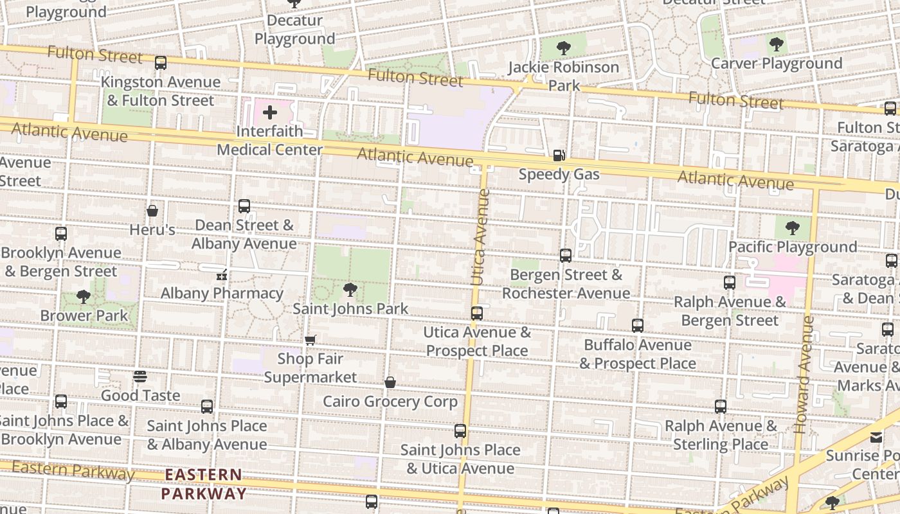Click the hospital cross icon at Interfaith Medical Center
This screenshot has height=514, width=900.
[x=270, y=113]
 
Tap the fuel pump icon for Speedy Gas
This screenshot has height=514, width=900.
[x=559, y=155]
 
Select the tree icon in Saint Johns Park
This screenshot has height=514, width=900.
[x=350, y=290]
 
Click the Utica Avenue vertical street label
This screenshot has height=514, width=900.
[x=480, y=236]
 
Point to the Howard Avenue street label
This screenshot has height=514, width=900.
[x=804, y=374]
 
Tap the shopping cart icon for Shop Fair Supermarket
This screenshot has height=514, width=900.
[x=310, y=340]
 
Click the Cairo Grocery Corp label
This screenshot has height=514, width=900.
[x=390, y=402]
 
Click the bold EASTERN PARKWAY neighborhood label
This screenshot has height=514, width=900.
[x=203, y=484]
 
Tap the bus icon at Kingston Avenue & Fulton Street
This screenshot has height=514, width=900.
[x=161, y=63]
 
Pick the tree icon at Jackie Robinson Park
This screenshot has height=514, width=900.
[x=564, y=48]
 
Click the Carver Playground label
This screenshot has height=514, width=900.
[x=777, y=64]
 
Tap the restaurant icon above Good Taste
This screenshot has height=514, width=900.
[x=140, y=377]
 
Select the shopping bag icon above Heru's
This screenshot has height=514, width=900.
[x=152, y=211]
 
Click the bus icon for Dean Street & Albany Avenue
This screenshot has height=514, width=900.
[x=244, y=206]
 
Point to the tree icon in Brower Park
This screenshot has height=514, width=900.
[x=84, y=297]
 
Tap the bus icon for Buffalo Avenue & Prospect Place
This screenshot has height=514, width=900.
[x=637, y=326]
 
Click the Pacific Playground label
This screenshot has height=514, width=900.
[x=792, y=247]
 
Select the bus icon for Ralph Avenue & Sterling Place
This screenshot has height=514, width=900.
[x=721, y=407]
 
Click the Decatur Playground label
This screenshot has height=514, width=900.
[x=294, y=30]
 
